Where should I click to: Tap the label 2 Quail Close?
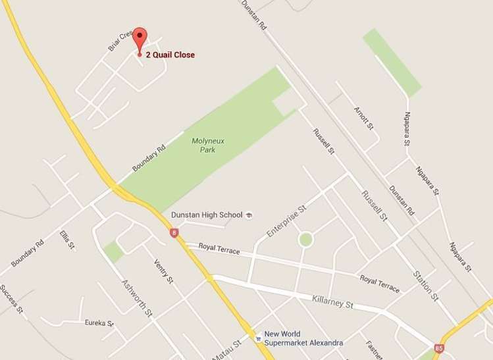click(x=170, y=55)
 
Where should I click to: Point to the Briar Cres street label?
click(x=120, y=41)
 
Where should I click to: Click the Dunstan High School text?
click(x=206, y=215)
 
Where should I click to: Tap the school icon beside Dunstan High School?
click(x=248, y=215)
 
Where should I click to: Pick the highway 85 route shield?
click(x=439, y=347)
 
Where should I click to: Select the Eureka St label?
click(x=99, y=323)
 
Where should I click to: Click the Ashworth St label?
click(x=137, y=296)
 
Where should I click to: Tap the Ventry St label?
click(x=163, y=270)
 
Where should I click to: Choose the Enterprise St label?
click(x=287, y=222)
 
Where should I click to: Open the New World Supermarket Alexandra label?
click(x=303, y=338)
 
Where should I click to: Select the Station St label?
click(x=425, y=285)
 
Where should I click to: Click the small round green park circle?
click(x=305, y=239)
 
